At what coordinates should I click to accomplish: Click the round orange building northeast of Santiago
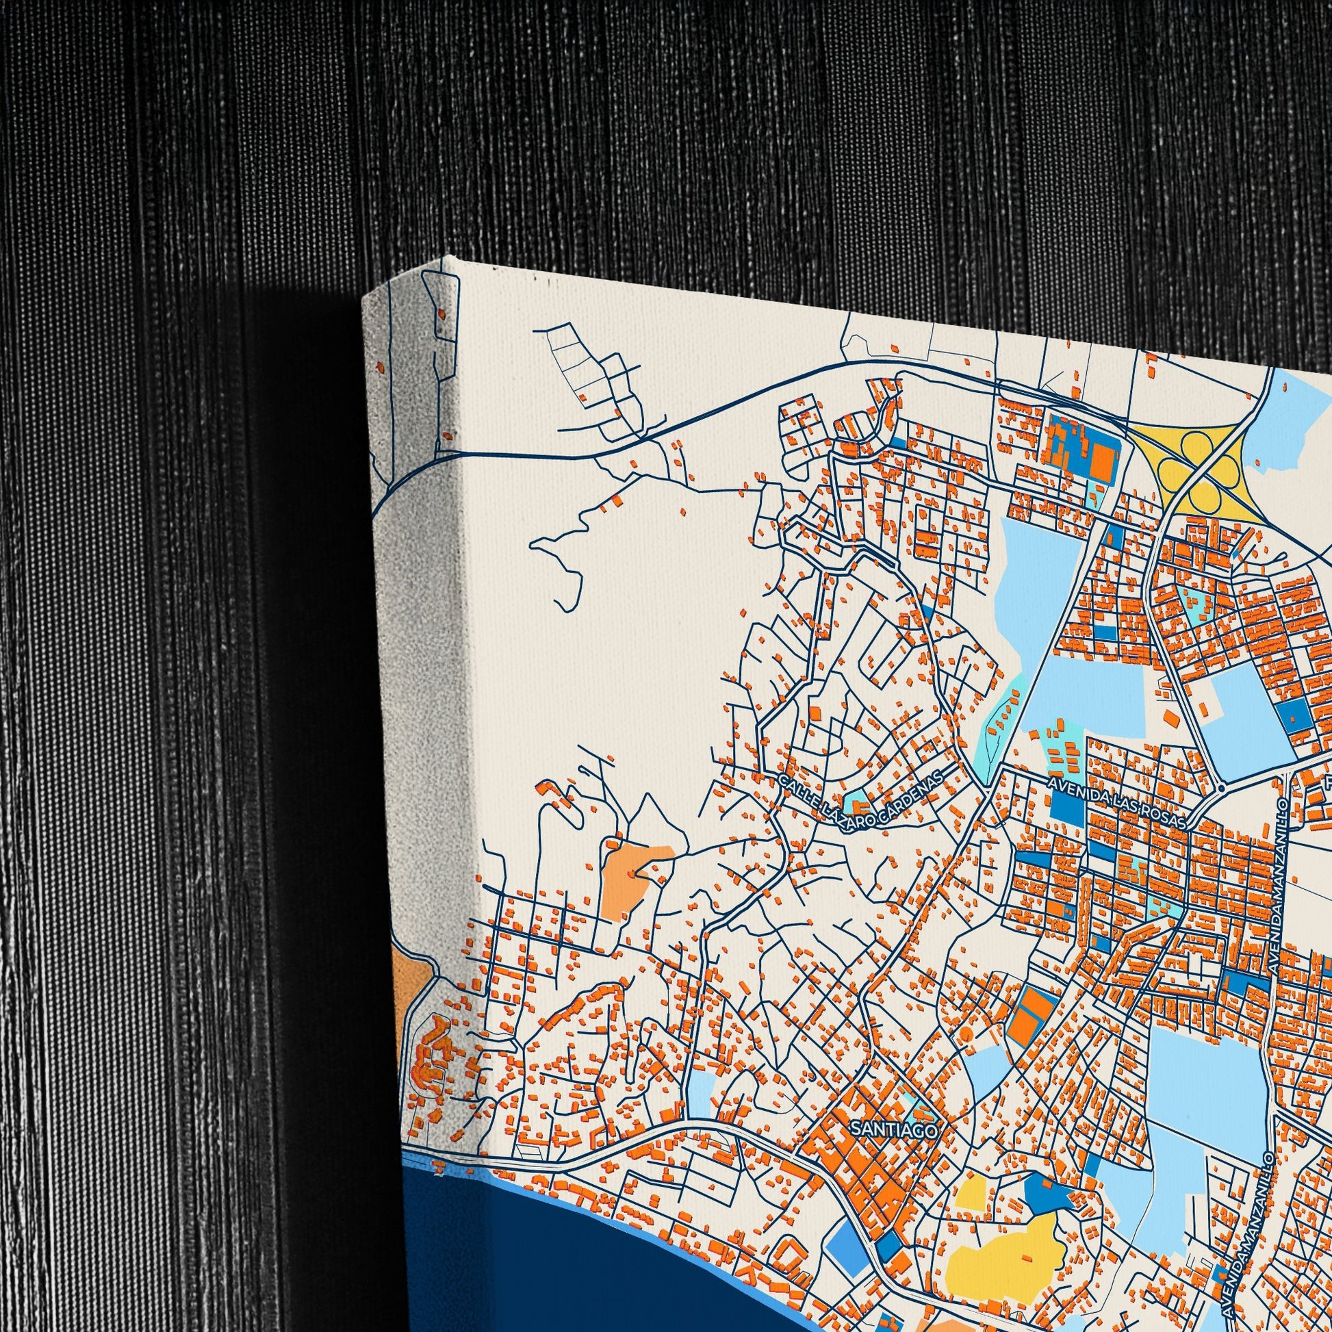coord(966,1052)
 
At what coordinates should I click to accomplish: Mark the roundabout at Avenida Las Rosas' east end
coord(1221,786)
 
